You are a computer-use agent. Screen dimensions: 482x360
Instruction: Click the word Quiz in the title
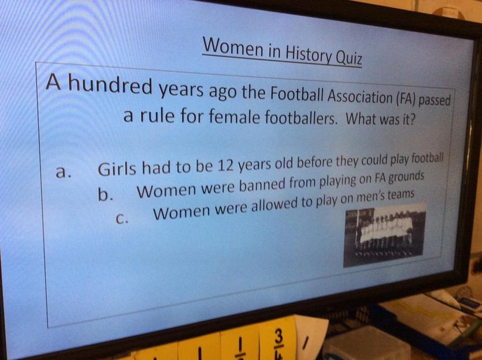pyautogui.click(x=350, y=58)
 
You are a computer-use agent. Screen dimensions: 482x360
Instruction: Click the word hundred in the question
pyautogui.click(x=110, y=85)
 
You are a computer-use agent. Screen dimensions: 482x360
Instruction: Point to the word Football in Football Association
pyautogui.click(x=296, y=95)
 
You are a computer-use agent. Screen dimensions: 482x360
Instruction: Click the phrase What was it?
pyautogui.click(x=380, y=119)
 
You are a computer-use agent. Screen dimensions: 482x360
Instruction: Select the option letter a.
pyautogui.click(x=63, y=172)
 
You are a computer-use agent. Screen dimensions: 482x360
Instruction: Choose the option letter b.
pyautogui.click(x=105, y=194)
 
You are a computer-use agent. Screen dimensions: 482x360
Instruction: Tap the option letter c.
pyautogui.click(x=122, y=218)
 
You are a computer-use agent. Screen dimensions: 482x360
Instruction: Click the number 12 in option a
pyautogui.click(x=226, y=166)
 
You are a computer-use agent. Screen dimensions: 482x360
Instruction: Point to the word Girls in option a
pyautogui.click(x=117, y=168)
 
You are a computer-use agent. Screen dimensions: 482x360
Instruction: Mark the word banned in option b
pyautogui.click(x=262, y=185)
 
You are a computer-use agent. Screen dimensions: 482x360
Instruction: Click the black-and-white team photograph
pyautogui.click(x=384, y=235)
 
